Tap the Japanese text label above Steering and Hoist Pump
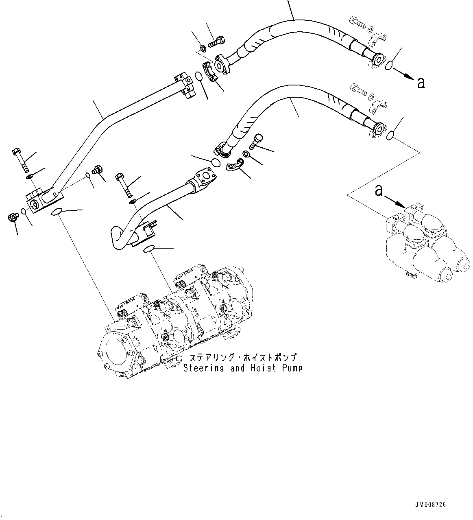tap(242, 358)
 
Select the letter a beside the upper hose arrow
tap(421, 83)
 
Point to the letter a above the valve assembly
tap(379, 190)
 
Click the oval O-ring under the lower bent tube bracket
tap(149, 249)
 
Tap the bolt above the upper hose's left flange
tap(216, 42)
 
